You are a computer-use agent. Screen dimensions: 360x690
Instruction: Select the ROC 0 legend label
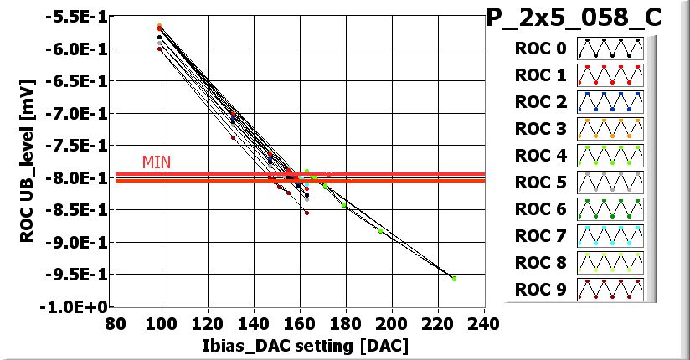[540, 49]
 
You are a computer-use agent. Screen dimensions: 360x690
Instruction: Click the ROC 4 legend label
[540, 156]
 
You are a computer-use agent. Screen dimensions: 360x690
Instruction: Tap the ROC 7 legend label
[540, 236]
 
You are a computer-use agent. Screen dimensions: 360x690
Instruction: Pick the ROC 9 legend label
[540, 291]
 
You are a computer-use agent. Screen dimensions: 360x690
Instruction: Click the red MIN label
[157, 162]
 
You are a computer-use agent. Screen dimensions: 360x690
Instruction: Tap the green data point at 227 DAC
[454, 279]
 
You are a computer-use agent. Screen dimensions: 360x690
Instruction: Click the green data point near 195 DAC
[381, 231]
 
